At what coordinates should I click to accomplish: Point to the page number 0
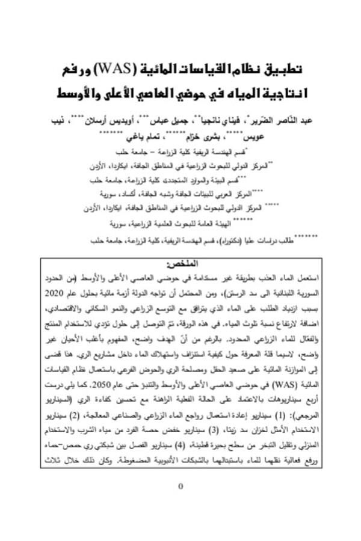click(x=181, y=485)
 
